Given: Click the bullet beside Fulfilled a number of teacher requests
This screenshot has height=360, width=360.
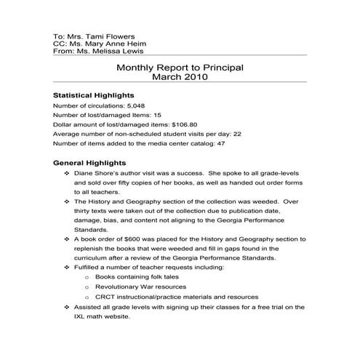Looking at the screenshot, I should tap(67, 267).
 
